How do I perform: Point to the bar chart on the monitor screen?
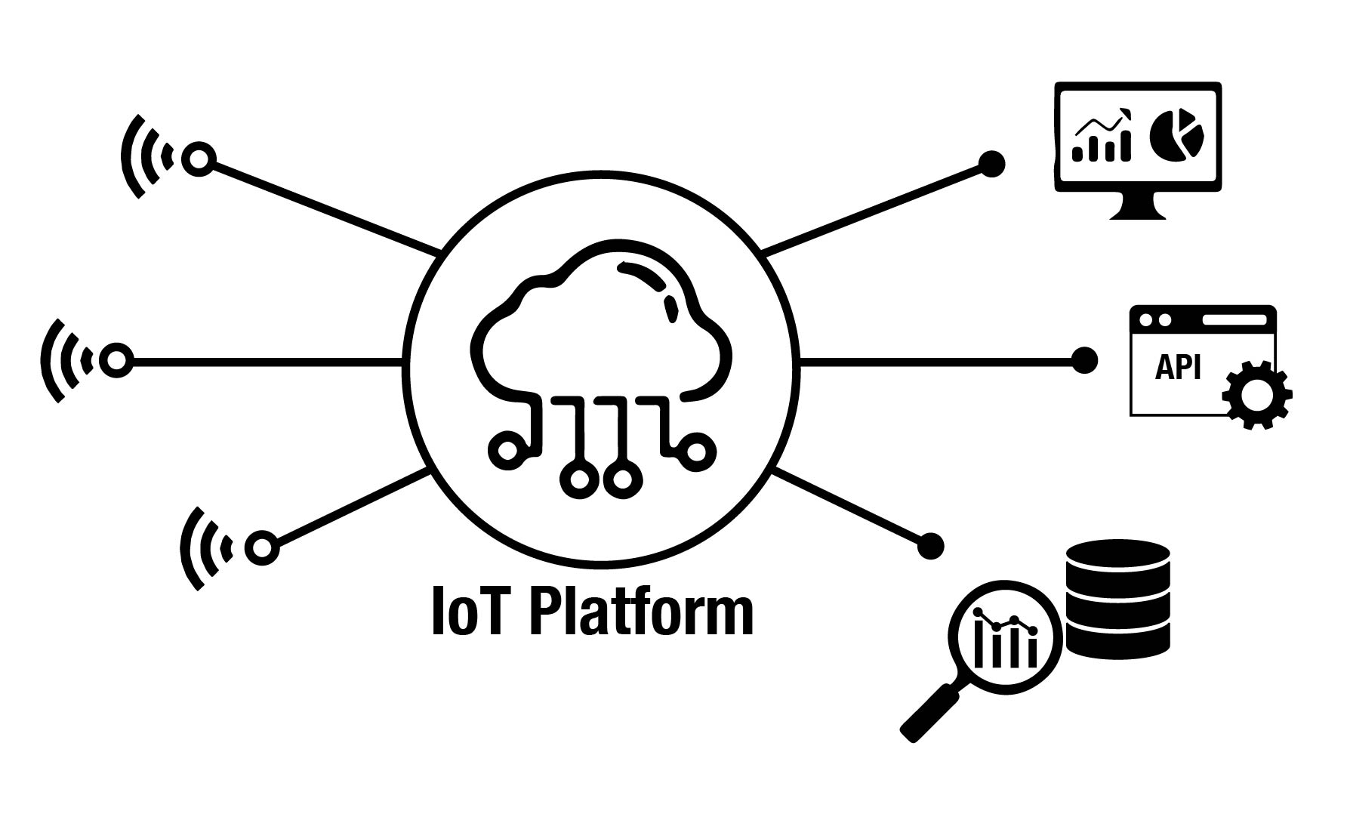[1102, 140]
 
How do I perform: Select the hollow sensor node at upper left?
[199, 159]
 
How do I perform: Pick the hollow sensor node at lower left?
[261, 547]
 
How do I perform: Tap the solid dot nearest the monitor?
[991, 164]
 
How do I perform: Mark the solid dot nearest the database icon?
[930, 545]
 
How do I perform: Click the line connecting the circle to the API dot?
[936, 362]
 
